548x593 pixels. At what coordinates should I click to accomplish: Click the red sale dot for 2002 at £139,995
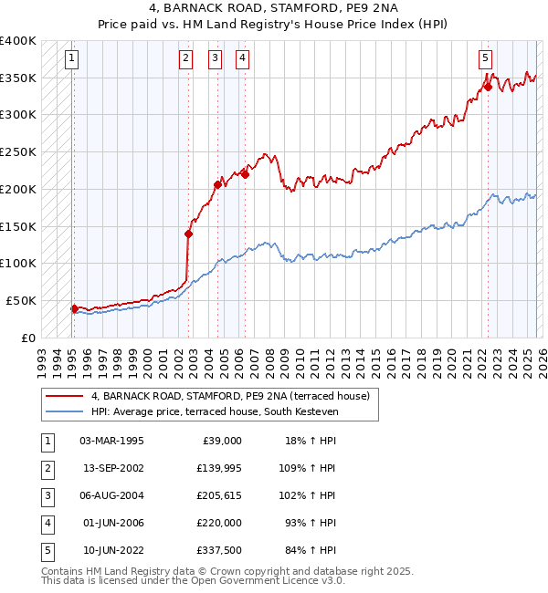[189, 234]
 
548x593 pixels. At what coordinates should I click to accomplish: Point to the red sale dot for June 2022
[488, 88]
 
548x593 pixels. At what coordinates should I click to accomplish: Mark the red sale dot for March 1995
[74, 308]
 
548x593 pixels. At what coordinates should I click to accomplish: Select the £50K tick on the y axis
[21, 300]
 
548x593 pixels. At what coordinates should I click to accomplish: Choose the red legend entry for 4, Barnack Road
[229, 396]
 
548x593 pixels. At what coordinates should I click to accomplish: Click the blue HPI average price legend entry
[215, 412]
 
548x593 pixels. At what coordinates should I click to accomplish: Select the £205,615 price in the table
[219, 495]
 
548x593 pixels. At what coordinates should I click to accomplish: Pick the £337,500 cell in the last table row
[219, 550]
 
